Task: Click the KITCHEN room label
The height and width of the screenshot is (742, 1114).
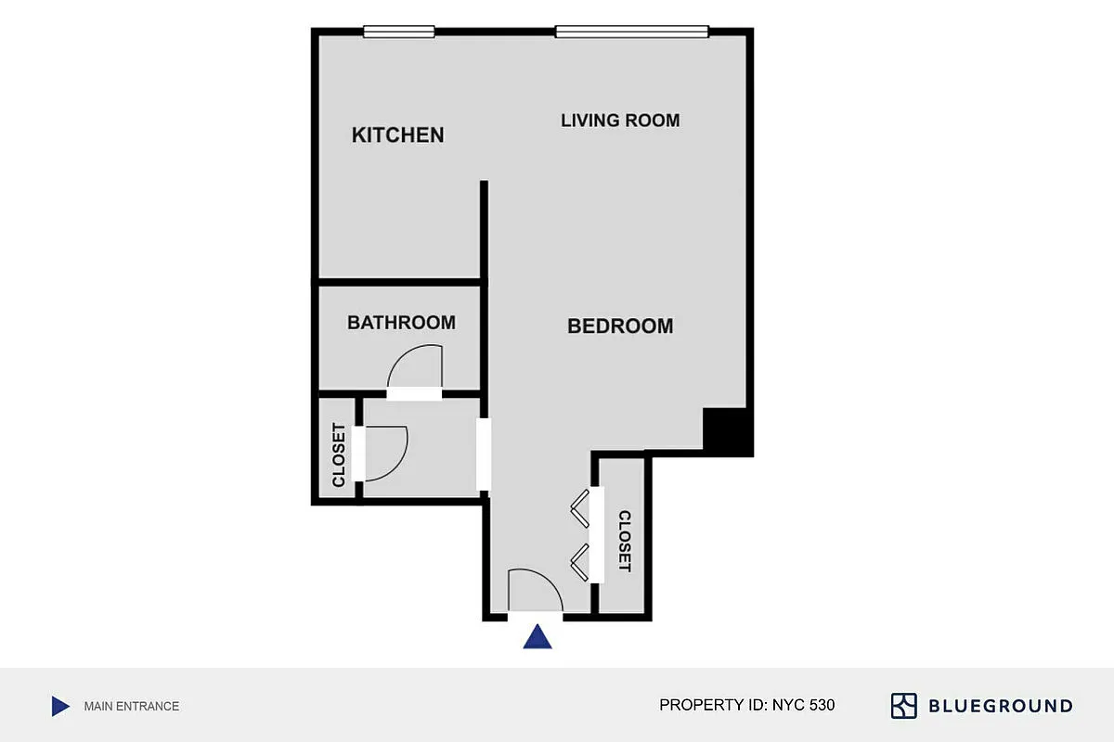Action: (x=397, y=135)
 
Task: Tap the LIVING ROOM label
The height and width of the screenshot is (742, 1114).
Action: (x=620, y=121)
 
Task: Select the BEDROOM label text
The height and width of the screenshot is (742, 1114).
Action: (x=620, y=326)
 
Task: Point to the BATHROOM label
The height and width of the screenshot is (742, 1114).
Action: (x=401, y=323)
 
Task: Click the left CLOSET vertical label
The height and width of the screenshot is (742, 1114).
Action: (x=339, y=455)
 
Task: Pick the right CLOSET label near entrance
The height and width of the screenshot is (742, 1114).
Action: (x=625, y=541)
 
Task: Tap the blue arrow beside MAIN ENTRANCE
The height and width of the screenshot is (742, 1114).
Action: (x=60, y=707)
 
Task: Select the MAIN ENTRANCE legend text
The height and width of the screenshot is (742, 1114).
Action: (x=131, y=707)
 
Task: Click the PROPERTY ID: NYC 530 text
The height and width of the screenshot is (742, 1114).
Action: (x=746, y=705)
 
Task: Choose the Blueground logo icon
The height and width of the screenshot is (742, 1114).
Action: (x=904, y=706)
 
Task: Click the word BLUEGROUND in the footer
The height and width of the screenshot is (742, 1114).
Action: (x=1001, y=707)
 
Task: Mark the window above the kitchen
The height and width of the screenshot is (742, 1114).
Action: (x=398, y=32)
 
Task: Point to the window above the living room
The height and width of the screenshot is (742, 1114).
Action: (x=632, y=32)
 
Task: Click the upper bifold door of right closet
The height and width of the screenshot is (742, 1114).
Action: (x=580, y=507)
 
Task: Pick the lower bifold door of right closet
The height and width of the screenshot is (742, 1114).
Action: (x=580, y=562)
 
